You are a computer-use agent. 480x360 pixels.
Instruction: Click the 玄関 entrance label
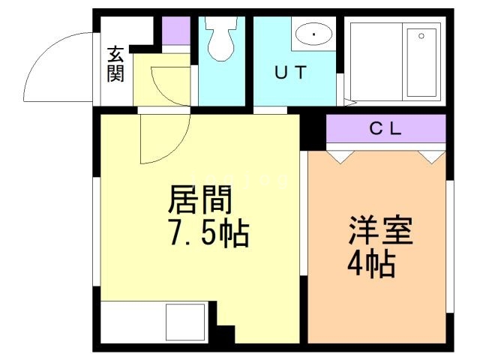(115, 64)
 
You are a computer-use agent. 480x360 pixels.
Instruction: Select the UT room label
(289, 73)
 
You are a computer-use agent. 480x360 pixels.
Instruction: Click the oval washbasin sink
(313, 34)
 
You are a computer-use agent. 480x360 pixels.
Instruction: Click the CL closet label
(385, 128)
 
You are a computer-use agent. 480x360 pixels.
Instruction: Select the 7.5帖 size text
(207, 235)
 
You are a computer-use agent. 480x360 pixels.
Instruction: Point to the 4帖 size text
(371, 264)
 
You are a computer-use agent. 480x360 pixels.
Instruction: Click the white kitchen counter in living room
(154, 322)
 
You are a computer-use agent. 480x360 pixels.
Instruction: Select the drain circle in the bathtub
(421, 34)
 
